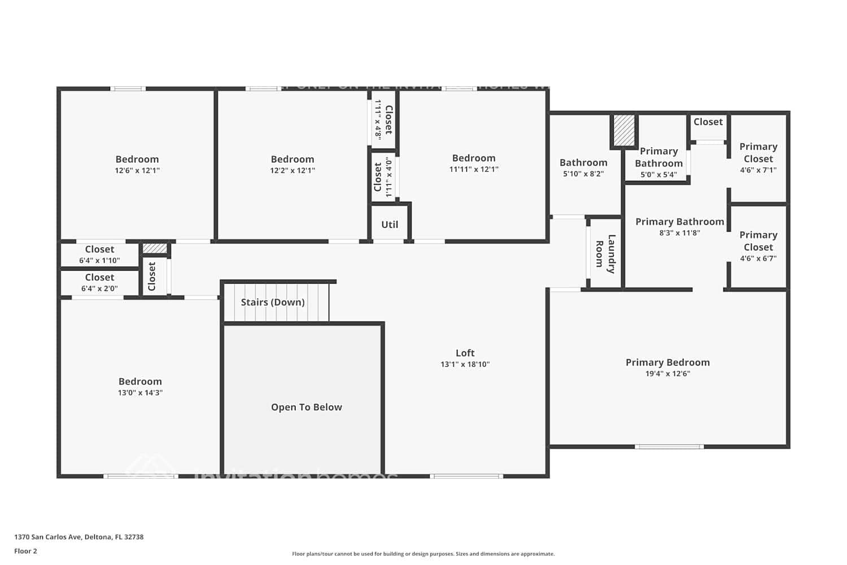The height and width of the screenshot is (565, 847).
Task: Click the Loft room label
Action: [x=465, y=353]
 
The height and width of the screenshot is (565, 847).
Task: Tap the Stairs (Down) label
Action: [x=273, y=302]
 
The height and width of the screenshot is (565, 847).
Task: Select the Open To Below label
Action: [x=306, y=407]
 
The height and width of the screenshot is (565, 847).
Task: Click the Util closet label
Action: [x=390, y=225]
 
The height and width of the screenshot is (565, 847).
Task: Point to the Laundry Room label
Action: [x=605, y=254]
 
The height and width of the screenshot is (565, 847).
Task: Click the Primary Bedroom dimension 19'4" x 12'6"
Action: [x=667, y=373]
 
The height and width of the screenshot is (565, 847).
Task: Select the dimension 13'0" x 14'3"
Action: [x=140, y=393]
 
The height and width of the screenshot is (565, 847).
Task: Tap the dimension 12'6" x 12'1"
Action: [x=137, y=171]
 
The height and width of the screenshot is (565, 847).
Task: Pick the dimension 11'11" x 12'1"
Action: [x=474, y=169]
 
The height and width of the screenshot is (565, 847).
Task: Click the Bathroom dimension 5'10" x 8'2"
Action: [x=583, y=174]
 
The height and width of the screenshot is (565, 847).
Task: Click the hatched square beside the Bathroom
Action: [x=624, y=131]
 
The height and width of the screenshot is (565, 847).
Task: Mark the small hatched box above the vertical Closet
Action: [x=155, y=248]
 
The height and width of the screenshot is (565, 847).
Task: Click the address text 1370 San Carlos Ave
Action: [x=49, y=537]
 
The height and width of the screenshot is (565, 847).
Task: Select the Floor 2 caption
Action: [x=25, y=551]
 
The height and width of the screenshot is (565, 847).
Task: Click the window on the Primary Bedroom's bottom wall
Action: [x=669, y=446]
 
